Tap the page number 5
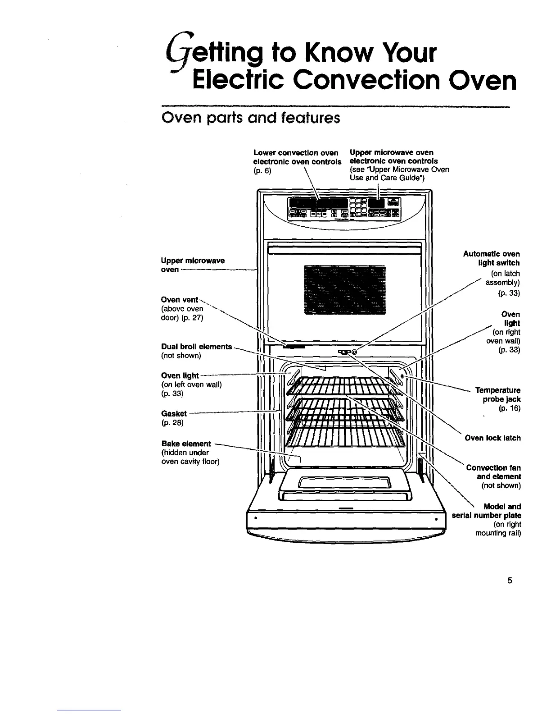(x=510, y=580)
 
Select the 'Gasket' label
(x=174, y=414)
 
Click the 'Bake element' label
(x=186, y=444)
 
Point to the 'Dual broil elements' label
(x=196, y=347)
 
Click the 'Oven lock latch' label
(x=492, y=438)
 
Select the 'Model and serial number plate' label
(x=487, y=511)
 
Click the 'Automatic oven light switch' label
(x=492, y=258)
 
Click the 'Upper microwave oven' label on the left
(x=192, y=265)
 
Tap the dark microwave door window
(x=345, y=289)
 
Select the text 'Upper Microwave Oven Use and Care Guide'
(x=399, y=174)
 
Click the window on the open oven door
(x=345, y=485)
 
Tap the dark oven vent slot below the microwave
(x=294, y=347)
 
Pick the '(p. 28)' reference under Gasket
(x=172, y=423)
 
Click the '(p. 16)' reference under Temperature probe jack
(x=509, y=409)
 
